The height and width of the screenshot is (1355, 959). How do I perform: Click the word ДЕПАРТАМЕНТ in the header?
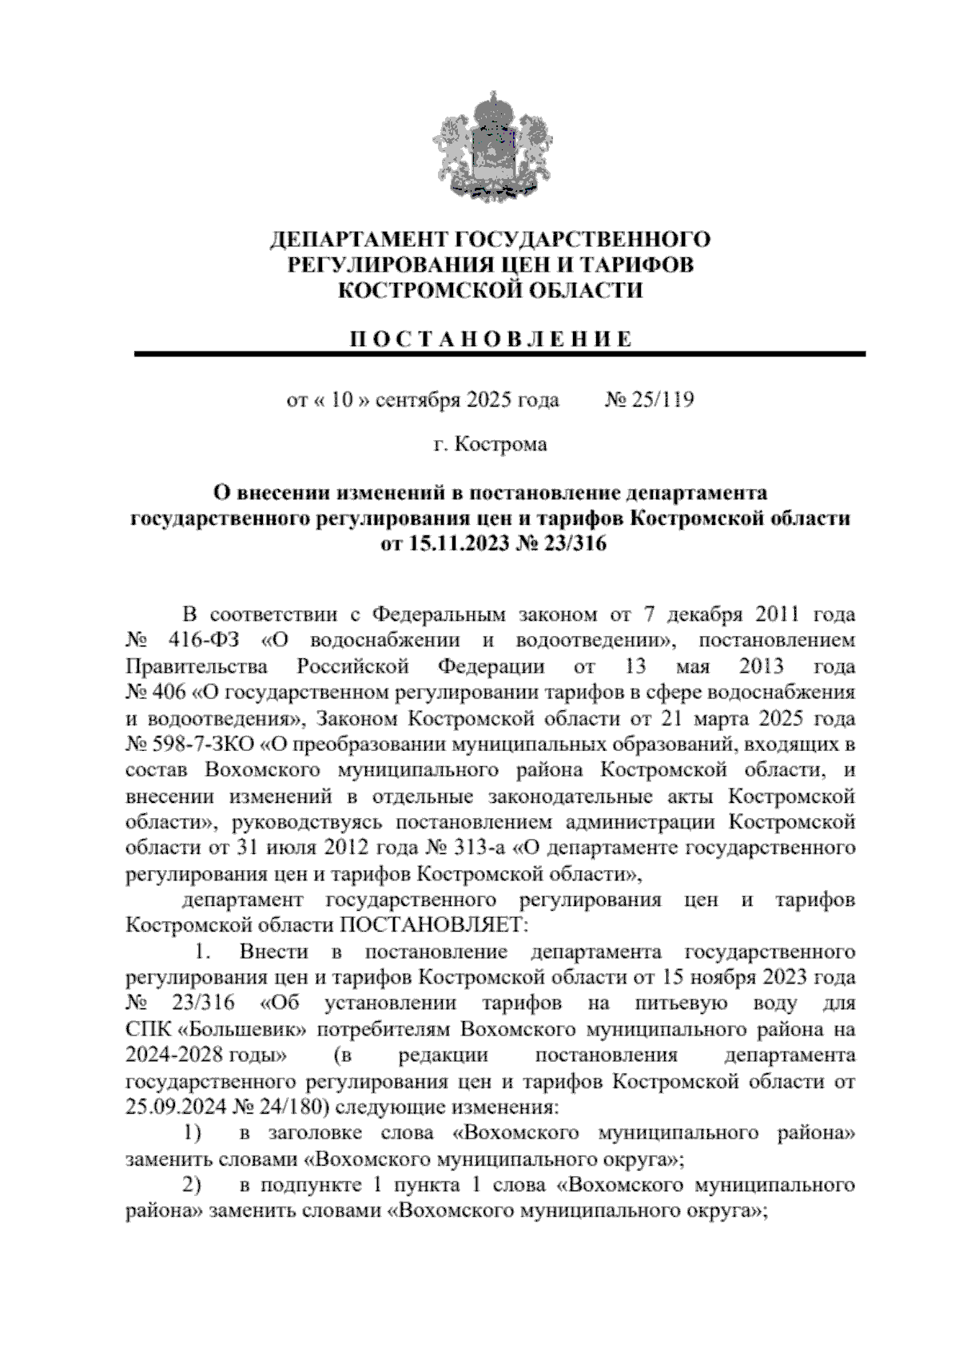coord(358,240)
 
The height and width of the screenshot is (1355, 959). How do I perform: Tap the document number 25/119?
coord(662,399)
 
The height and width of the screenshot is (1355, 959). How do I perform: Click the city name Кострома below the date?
coord(500,444)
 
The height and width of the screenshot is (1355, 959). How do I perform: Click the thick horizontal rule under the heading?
coord(499,354)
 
